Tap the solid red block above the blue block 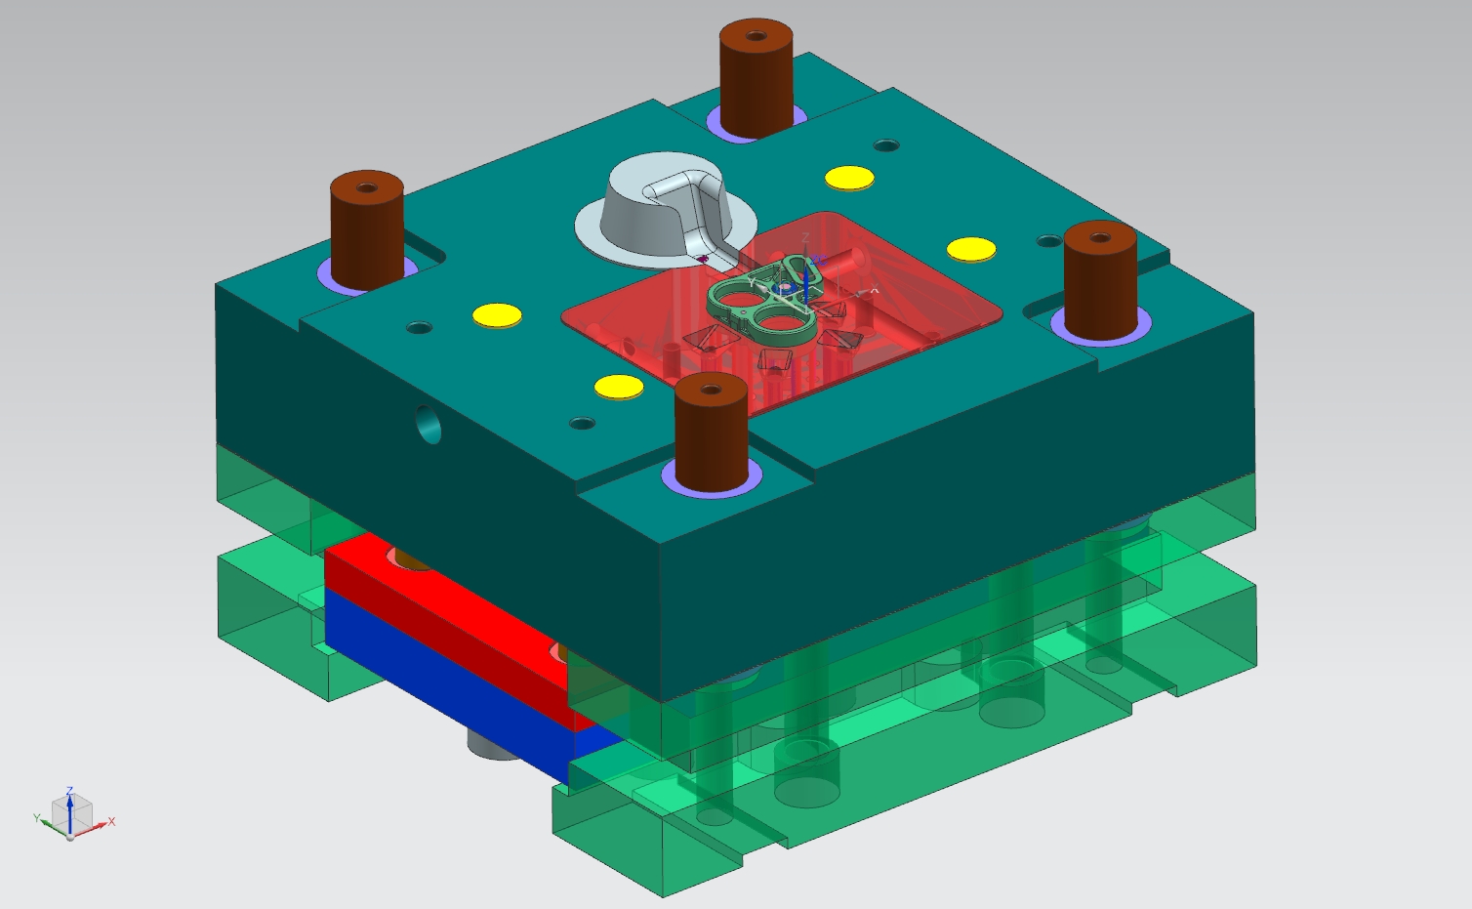439,605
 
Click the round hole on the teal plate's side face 429,425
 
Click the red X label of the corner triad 112,822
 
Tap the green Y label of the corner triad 37,818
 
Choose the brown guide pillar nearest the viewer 712,434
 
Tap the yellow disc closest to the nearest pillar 619,388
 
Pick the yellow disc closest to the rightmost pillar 971,249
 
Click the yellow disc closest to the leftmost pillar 498,315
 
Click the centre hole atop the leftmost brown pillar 367,187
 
